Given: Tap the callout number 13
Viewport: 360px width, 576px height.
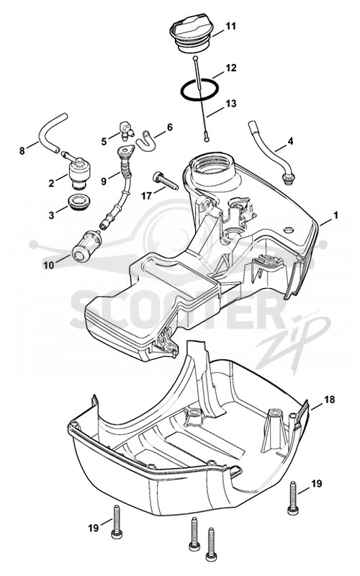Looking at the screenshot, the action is click(231, 104).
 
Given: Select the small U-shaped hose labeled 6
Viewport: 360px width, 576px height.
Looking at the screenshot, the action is click(145, 140).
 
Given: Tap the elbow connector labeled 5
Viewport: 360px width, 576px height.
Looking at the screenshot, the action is click(126, 130).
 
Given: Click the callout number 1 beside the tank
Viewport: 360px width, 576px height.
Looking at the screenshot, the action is click(335, 215).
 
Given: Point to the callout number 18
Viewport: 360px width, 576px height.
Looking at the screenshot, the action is click(330, 399).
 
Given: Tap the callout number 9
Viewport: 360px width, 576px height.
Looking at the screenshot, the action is click(104, 181).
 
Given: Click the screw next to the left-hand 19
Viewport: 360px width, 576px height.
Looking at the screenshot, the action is click(117, 521).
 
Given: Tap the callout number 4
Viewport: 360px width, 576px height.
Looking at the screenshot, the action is click(290, 141).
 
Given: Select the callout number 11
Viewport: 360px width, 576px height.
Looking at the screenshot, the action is click(230, 26).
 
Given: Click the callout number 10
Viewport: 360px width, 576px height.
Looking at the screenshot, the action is click(49, 265).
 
